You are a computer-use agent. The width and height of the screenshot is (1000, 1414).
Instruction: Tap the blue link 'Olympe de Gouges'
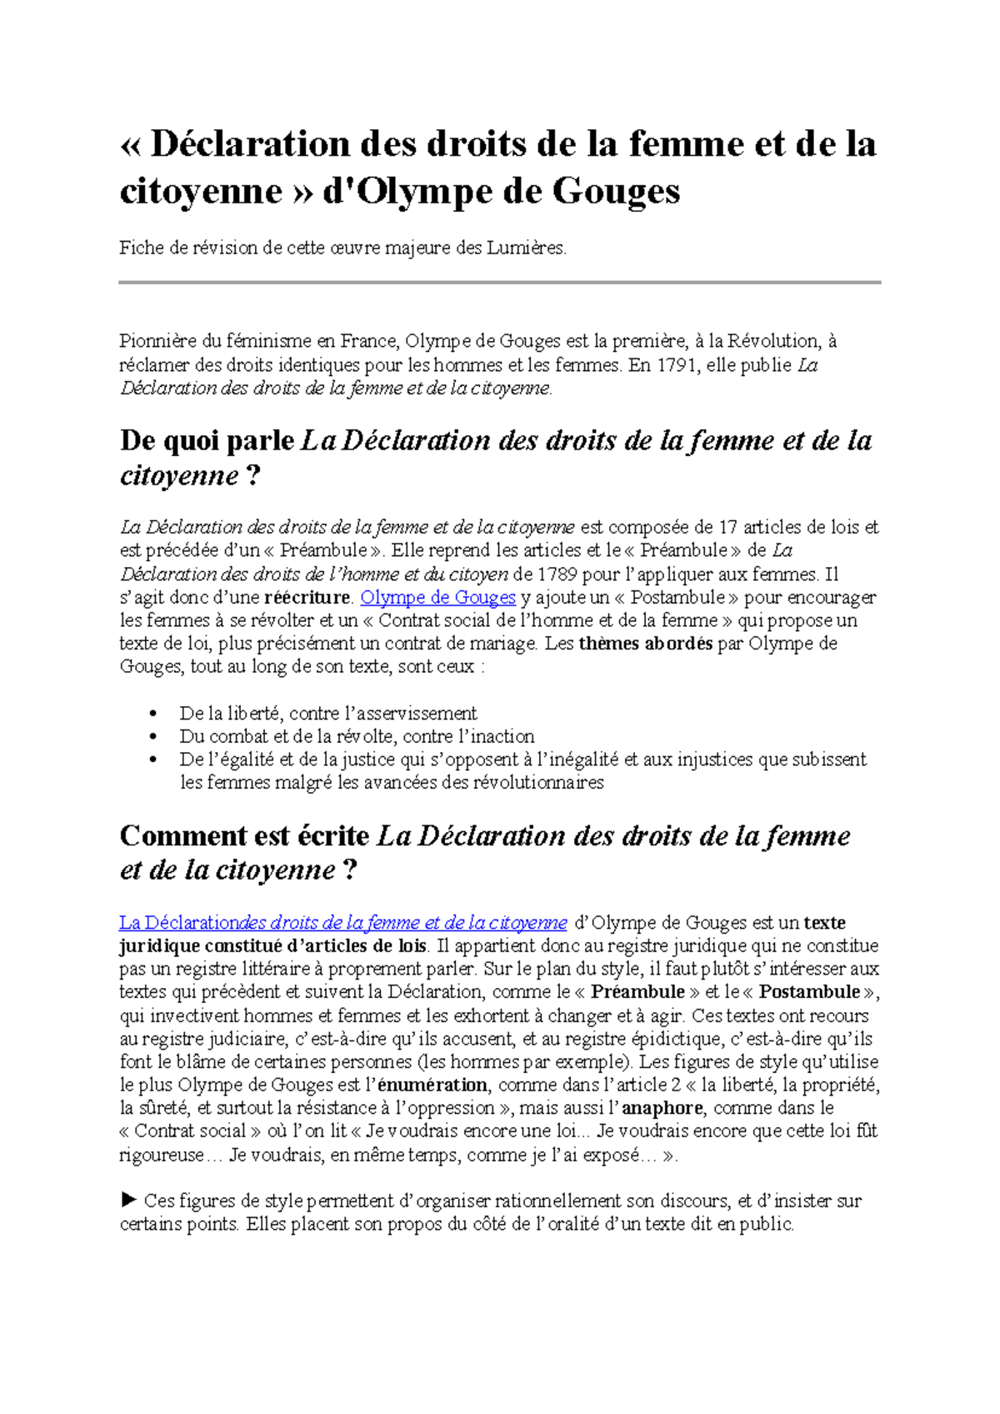tap(437, 598)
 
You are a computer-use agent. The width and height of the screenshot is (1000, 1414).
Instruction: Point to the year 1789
tap(556, 574)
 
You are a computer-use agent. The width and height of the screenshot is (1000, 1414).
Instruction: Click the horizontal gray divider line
tap(500, 283)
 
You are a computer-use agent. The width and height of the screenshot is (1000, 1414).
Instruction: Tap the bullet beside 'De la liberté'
tap(152, 714)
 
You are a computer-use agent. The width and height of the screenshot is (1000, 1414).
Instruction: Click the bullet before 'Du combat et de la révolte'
tap(152, 737)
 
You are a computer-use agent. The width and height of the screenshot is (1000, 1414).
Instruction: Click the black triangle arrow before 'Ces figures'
tap(128, 1201)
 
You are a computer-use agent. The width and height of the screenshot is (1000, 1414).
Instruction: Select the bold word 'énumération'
tap(432, 1086)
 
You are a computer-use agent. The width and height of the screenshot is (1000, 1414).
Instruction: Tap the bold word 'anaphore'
tap(662, 1109)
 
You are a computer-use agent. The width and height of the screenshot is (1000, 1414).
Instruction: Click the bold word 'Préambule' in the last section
tap(637, 992)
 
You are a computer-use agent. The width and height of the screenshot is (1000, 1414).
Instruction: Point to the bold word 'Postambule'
tap(809, 992)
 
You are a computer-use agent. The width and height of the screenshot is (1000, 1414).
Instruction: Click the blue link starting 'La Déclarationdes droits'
tap(342, 923)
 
